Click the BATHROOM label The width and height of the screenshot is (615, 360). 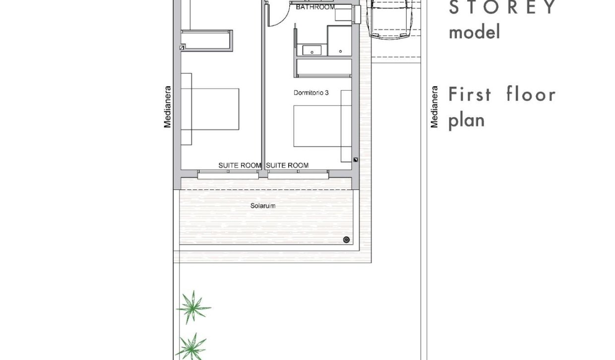point(315,7)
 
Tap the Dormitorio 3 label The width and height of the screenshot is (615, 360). point(311,93)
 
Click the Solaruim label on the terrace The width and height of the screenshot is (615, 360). point(262,205)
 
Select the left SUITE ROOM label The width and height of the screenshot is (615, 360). point(240,165)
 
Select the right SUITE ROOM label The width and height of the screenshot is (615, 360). point(287,165)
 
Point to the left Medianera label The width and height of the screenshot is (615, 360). point(168,107)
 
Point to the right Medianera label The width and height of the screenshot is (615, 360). point(434,107)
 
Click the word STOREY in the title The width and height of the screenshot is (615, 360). point(502,8)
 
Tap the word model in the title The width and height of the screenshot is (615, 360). point(467,33)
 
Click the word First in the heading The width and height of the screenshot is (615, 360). point(469,94)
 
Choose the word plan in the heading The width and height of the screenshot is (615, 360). point(466,120)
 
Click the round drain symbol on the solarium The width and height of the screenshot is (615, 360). point(346,240)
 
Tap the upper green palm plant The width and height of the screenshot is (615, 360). point(193,307)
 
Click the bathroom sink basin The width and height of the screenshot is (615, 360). point(312,50)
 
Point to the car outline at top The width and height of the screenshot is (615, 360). point(390,20)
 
